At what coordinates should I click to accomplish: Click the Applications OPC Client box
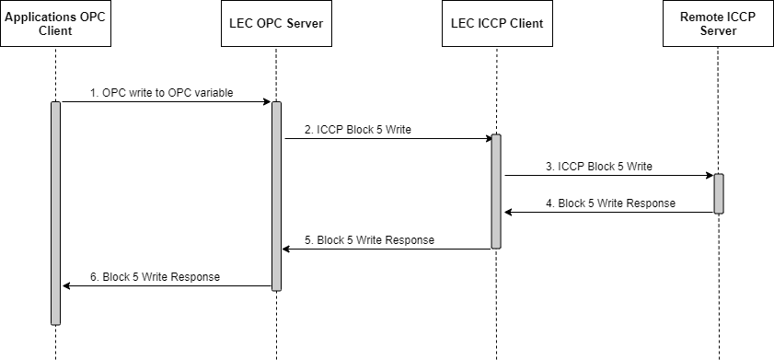point(55,24)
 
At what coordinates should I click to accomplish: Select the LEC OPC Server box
point(276,24)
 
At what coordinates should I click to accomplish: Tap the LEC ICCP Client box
point(496,24)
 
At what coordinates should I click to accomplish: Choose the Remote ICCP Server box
point(718,24)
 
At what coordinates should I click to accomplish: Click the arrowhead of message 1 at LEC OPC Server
point(267,102)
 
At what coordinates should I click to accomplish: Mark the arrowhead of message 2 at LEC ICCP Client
point(488,139)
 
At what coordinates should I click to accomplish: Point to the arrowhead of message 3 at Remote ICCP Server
point(709,176)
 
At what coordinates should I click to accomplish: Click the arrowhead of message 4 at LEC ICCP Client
point(506,213)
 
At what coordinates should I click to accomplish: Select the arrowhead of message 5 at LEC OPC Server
point(285,250)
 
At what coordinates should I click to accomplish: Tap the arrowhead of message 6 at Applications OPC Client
point(64,286)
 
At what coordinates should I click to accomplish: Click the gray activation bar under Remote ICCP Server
point(718,193)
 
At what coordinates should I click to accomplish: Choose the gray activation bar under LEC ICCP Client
point(496,192)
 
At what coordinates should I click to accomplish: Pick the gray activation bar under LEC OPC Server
point(276,196)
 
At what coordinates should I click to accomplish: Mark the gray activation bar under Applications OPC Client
point(55,213)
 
